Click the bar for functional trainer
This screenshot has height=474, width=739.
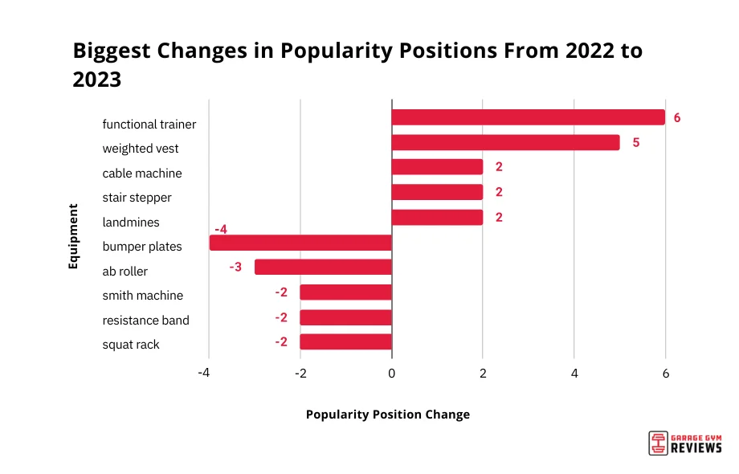pyautogui.click(x=528, y=117)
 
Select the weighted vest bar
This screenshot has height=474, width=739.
pyautogui.click(x=505, y=142)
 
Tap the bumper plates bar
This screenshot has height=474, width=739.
pyautogui.click(x=300, y=243)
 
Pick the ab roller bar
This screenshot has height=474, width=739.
pyautogui.click(x=323, y=267)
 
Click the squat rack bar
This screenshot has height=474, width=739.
pyautogui.click(x=345, y=341)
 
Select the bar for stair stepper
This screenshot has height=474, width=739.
pyautogui.click(x=437, y=192)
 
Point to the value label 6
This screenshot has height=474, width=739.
pyautogui.click(x=677, y=117)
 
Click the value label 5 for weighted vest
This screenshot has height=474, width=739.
pyautogui.click(x=635, y=142)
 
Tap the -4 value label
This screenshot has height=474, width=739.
pyautogui.click(x=221, y=229)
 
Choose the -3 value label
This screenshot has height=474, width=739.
pyautogui.click(x=235, y=266)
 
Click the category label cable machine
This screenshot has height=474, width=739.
pyautogui.click(x=142, y=174)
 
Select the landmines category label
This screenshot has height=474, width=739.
pyautogui.click(x=131, y=222)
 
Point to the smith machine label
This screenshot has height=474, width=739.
pyautogui.click(x=143, y=296)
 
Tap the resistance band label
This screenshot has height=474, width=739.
pyautogui.click(x=146, y=321)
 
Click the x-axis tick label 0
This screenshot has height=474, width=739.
pyautogui.click(x=391, y=374)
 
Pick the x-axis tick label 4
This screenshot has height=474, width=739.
pyautogui.click(x=574, y=374)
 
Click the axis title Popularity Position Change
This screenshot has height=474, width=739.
pyautogui.click(x=388, y=415)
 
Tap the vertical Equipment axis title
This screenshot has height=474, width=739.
pyautogui.click(x=73, y=235)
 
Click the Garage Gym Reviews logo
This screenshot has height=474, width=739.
pyautogui.click(x=685, y=443)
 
